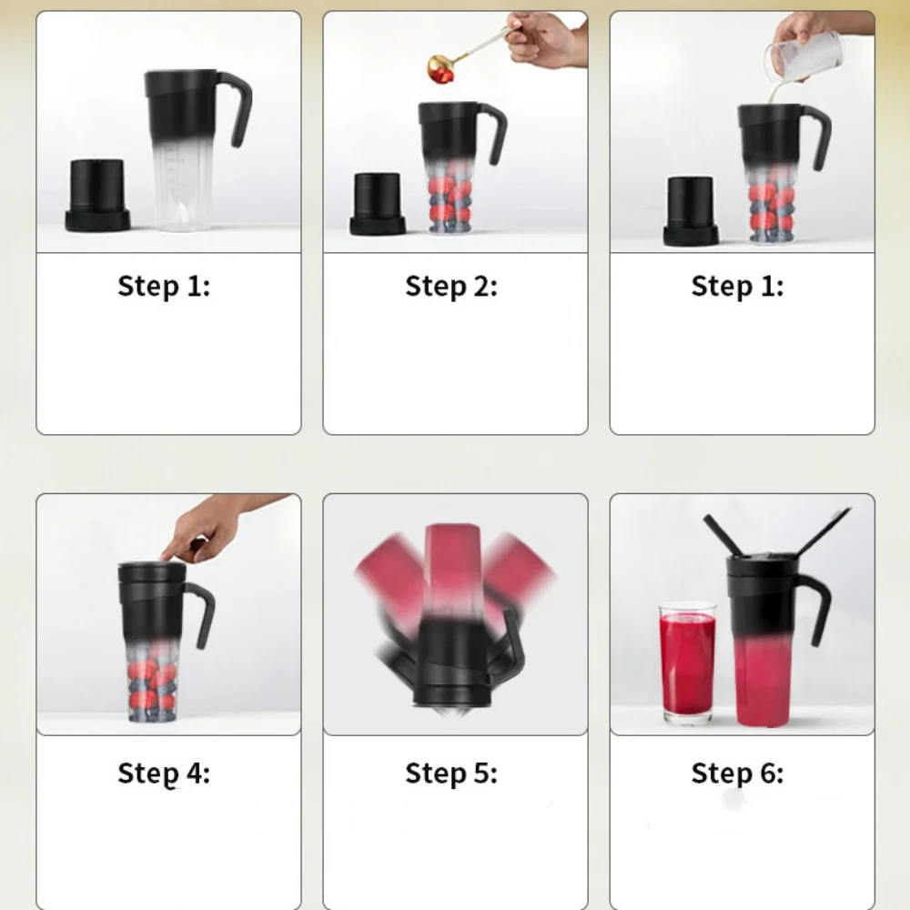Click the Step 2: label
(451, 287)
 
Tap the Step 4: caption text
(164, 773)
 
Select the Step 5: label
(451, 773)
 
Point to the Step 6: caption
(737, 773)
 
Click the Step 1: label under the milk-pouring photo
(737, 287)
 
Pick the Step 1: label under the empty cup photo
(164, 287)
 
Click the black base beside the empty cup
(97, 196)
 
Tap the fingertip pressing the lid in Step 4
(166, 557)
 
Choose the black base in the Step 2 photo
(378, 205)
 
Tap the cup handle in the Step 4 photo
(202, 614)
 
